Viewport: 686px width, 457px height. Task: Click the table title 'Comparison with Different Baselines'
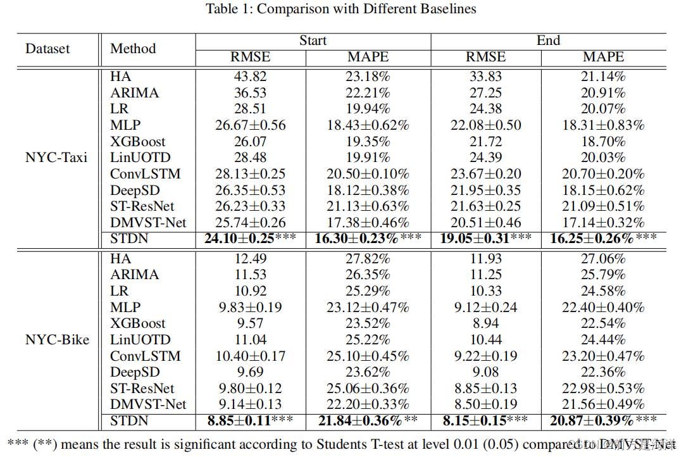[x=341, y=9]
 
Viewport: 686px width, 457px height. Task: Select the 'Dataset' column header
[x=47, y=49]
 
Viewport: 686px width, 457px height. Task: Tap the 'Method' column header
[x=133, y=49]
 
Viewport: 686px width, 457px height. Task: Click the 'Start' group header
[x=313, y=41]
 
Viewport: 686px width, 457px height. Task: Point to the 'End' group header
[x=548, y=41]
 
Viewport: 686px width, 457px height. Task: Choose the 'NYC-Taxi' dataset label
[x=56, y=158]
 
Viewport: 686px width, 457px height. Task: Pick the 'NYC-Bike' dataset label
[x=57, y=340]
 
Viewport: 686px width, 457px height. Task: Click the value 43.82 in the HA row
[x=250, y=77]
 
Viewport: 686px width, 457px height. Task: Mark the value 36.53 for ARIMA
[x=250, y=93]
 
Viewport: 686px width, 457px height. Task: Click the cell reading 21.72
[x=485, y=142]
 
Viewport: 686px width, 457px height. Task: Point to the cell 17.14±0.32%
[x=603, y=222]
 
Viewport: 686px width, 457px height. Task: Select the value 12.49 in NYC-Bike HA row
[x=250, y=259]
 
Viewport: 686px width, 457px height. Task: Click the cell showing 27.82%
[x=368, y=259]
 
